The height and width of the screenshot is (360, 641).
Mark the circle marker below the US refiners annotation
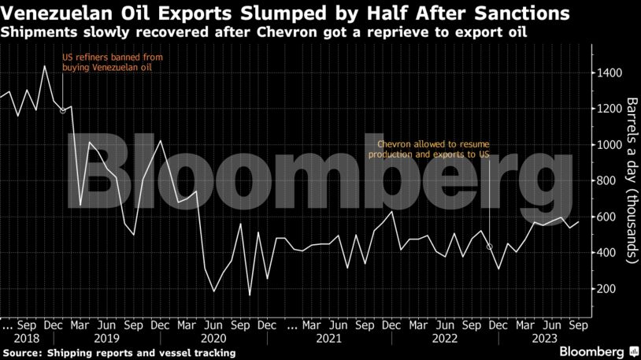pyautogui.click(x=63, y=110)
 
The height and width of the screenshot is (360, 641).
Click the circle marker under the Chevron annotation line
pyautogui.click(x=490, y=247)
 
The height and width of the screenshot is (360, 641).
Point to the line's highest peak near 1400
pyautogui.click(x=44, y=66)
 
